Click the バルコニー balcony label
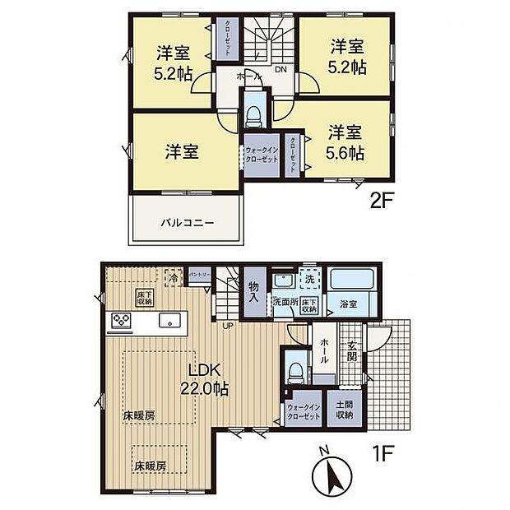[187, 222]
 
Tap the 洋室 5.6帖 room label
[346, 142]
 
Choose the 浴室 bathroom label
[347, 304]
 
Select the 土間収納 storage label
[345, 409]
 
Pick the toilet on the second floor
[253, 112]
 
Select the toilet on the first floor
[294, 370]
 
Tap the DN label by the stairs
[280, 71]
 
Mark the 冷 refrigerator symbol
[174, 278]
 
